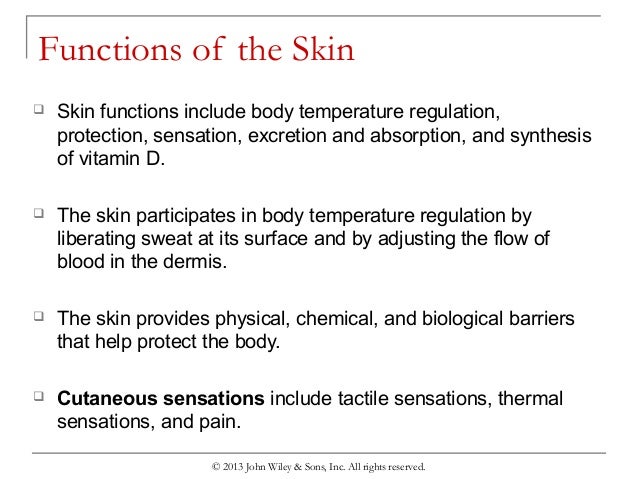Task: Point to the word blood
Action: click(x=79, y=263)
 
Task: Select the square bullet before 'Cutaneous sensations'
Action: click(x=39, y=398)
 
